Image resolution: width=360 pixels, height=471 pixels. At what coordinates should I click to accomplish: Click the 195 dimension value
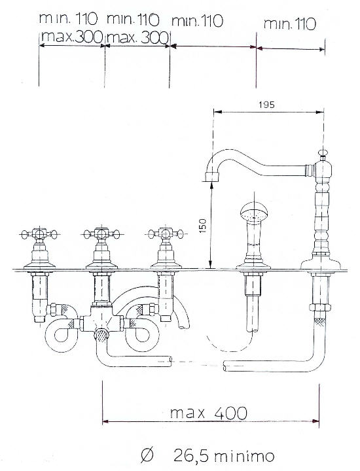tap(266, 105)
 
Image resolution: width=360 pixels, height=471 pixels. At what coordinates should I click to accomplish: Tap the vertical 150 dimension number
tap(203, 226)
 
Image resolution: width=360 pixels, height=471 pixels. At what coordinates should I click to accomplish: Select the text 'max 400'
tap(209, 413)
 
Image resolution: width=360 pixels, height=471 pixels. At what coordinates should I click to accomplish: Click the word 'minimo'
tap(244, 457)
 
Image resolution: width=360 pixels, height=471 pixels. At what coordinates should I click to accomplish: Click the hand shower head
tap(254, 211)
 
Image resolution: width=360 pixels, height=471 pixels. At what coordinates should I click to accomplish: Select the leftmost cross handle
tap(39, 234)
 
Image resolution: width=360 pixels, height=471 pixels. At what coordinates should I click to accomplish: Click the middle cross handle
tap(101, 234)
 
